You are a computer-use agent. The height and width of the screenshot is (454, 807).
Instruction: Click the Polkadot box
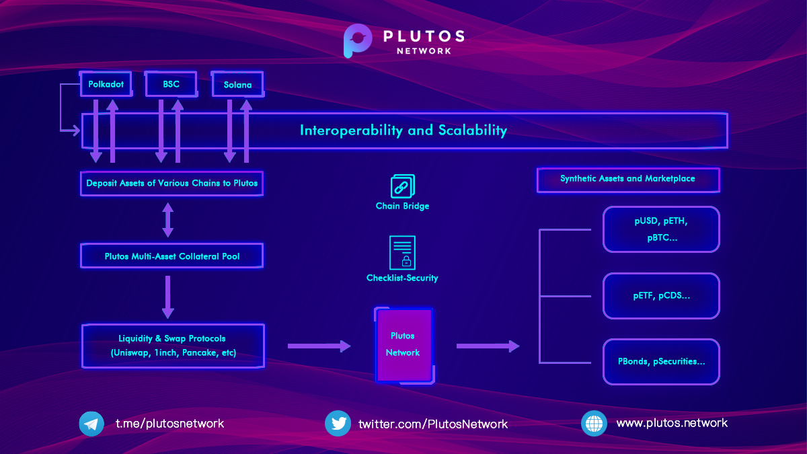tap(106, 84)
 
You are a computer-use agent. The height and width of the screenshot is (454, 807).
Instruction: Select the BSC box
tap(171, 84)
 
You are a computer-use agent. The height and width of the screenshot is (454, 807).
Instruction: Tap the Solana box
tap(238, 85)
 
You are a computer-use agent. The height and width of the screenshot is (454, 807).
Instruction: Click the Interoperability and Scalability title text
tap(403, 130)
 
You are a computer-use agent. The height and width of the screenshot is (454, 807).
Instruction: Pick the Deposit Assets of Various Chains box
tap(172, 184)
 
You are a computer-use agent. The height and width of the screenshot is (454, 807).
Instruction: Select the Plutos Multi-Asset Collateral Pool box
tap(172, 256)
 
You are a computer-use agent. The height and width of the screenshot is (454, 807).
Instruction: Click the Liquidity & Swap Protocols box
tap(174, 346)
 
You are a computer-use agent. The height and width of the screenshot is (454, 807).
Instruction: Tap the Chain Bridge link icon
tap(402, 186)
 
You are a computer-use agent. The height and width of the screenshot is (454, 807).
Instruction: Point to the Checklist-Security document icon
tap(402, 253)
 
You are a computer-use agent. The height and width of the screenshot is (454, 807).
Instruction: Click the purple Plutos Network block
tap(404, 345)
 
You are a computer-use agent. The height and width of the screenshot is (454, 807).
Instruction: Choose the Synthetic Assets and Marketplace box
tap(628, 180)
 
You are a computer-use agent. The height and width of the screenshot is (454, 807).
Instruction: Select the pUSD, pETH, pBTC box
tap(661, 229)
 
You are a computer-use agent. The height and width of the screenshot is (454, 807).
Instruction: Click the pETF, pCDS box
tap(661, 296)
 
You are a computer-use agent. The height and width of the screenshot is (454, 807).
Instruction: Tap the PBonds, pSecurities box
tap(661, 362)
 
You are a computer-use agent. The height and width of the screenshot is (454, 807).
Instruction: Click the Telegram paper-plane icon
tap(91, 424)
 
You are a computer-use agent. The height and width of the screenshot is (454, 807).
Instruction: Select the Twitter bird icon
tap(338, 423)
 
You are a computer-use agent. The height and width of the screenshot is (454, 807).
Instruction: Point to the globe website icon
tap(594, 423)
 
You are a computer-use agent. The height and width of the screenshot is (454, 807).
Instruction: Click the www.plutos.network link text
tap(672, 423)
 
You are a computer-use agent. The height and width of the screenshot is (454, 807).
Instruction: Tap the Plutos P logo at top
tap(356, 40)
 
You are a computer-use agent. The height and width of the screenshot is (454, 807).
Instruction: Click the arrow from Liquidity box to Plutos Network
tap(319, 346)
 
